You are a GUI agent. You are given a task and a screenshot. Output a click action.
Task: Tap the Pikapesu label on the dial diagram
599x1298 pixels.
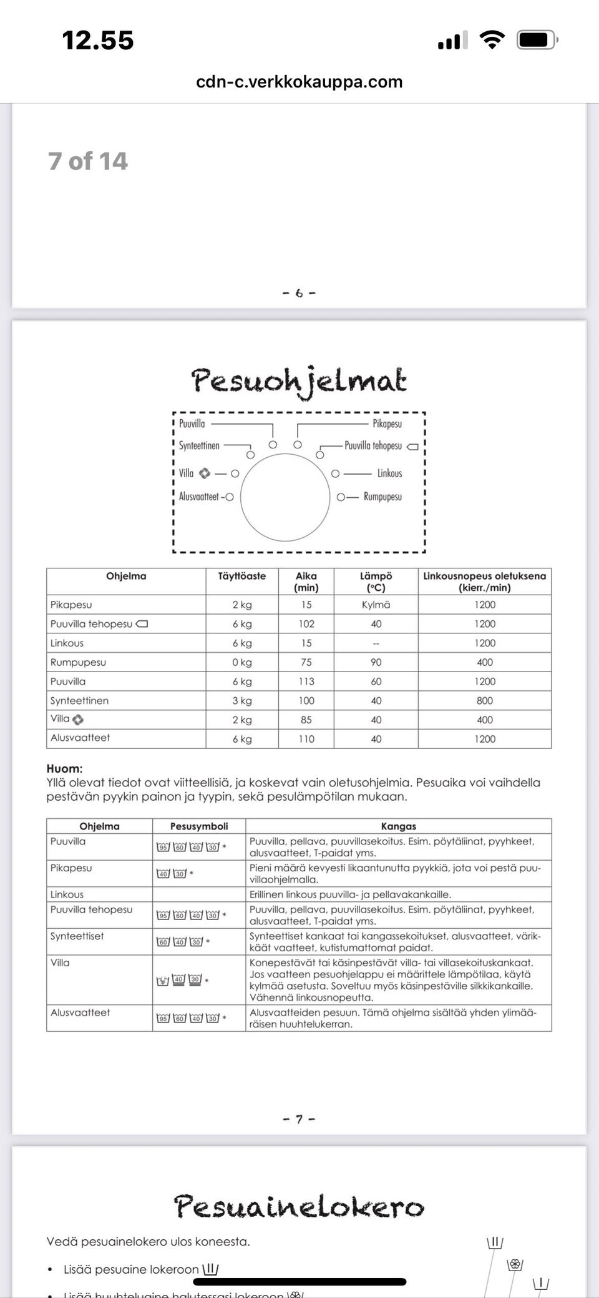click(387, 424)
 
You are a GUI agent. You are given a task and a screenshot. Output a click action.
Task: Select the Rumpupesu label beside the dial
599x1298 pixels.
click(382, 497)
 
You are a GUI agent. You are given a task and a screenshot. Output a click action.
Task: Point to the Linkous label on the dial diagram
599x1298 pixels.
click(389, 473)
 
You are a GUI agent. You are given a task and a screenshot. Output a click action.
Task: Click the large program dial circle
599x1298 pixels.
click(285, 497)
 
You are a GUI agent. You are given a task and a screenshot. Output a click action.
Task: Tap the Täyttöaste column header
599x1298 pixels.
click(241, 576)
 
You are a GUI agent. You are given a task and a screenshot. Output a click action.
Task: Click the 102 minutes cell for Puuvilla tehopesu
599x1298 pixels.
click(306, 624)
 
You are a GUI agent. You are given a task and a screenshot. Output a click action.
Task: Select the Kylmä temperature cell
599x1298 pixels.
click(376, 605)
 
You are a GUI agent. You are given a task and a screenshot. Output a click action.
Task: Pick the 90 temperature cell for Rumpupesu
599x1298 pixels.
click(376, 662)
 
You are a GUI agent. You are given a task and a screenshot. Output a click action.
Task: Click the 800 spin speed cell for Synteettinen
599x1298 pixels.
click(484, 701)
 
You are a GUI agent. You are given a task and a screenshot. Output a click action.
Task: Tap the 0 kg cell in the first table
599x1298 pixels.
click(241, 662)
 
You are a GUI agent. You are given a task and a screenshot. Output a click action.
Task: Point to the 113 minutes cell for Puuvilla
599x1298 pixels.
click(306, 681)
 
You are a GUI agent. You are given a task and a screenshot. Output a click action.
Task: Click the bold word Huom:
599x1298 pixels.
click(64, 769)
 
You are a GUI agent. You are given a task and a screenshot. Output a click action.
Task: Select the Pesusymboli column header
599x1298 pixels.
click(199, 826)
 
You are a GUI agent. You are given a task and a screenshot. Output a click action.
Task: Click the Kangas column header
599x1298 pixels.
click(398, 826)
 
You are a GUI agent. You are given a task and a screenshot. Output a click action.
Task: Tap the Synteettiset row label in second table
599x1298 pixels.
click(77, 936)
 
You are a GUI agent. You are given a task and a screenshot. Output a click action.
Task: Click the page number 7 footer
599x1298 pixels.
click(299, 1119)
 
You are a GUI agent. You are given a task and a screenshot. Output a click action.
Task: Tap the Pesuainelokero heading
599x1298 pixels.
click(299, 1206)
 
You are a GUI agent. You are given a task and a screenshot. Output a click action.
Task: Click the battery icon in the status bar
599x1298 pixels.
click(536, 41)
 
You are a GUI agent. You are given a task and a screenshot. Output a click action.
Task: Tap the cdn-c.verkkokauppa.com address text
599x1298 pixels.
click(299, 82)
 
